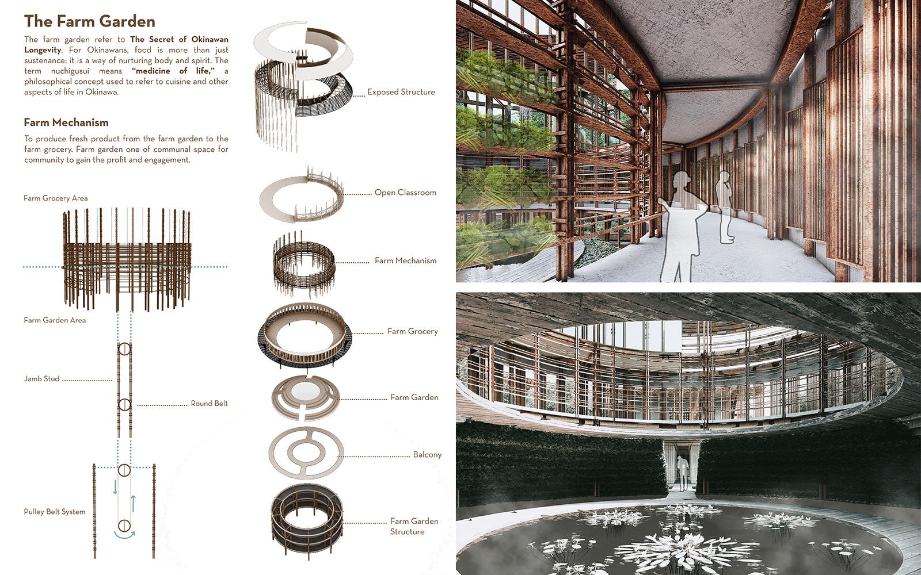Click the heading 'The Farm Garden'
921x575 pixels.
click(90, 21)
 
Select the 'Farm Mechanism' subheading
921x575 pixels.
click(66, 122)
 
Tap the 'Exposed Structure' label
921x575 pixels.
click(401, 92)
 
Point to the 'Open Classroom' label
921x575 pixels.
click(405, 192)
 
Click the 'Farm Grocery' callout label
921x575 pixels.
click(412, 331)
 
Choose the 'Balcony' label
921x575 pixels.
click(427, 455)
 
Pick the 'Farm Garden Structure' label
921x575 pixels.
click(414, 526)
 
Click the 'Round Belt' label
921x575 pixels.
click(209, 403)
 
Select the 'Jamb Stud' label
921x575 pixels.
click(41, 379)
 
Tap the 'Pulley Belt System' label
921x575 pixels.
click(55, 512)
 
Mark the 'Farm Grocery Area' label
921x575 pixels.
click(55, 198)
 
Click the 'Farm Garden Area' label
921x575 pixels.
click(55, 320)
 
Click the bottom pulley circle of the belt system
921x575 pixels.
click(124, 526)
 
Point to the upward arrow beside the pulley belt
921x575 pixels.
click(133, 504)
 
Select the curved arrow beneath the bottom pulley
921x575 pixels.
click(124, 535)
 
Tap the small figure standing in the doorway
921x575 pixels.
click(683, 474)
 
